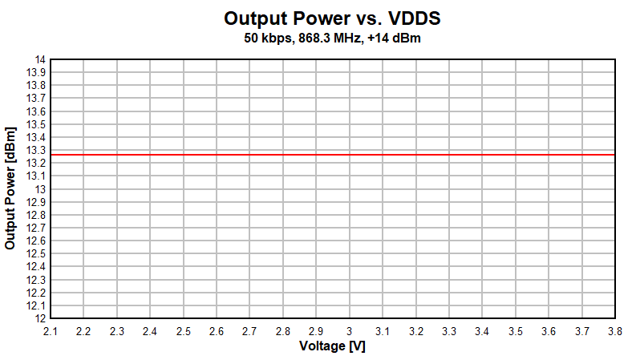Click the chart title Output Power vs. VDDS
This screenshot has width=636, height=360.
(332, 18)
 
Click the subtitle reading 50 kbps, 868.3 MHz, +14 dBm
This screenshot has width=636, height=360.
(332, 38)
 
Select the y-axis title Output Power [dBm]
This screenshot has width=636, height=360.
(10, 188)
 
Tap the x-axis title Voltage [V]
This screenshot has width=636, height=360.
(332, 346)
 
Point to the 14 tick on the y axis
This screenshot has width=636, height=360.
(40, 59)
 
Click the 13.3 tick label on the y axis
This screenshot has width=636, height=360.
(36, 150)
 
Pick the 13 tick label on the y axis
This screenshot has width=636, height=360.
(40, 189)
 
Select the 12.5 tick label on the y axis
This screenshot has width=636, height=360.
(36, 253)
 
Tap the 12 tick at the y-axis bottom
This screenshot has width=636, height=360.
(40, 318)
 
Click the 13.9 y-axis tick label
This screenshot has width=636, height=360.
(36, 72)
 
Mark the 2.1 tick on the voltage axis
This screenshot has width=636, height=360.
(51, 330)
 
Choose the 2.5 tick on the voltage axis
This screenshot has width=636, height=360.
(183, 330)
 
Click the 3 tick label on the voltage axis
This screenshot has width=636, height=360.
(349, 330)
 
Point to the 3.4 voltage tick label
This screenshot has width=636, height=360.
(482, 330)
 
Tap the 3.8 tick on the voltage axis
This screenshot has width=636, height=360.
(614, 330)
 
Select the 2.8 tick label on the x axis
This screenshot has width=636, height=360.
(282, 330)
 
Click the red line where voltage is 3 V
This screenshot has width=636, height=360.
(349, 155)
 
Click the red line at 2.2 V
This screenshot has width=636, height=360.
(83, 155)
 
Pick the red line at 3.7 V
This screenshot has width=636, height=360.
(581, 155)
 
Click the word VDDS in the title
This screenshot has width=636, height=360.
(414, 18)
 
